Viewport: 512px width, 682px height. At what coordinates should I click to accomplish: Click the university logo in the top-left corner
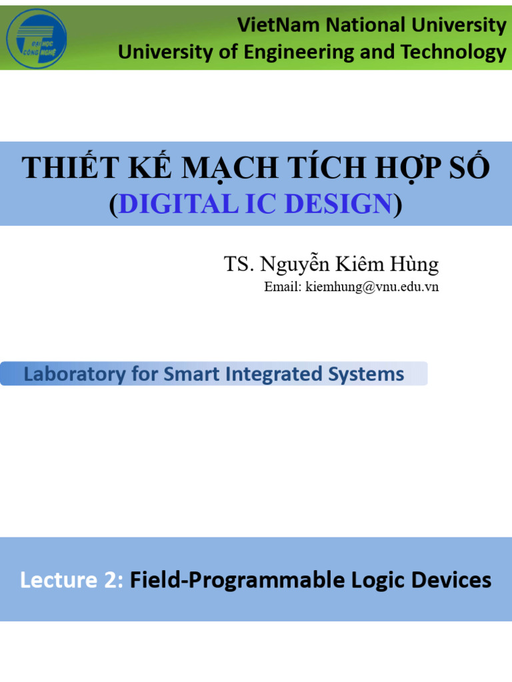coord(36,38)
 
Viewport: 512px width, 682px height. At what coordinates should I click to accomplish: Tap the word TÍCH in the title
coord(326,169)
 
